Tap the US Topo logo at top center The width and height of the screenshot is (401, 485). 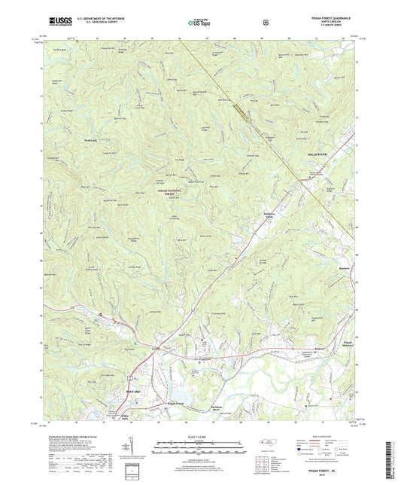click(x=199, y=23)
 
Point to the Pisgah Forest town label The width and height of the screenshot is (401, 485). click(x=175, y=404)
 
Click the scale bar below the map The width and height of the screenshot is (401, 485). click(x=199, y=451)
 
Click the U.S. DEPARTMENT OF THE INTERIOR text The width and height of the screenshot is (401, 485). click(x=95, y=20)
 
